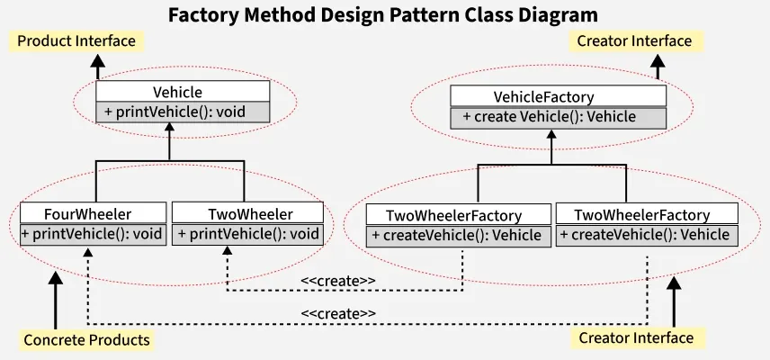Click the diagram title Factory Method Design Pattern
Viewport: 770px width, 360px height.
click(x=383, y=15)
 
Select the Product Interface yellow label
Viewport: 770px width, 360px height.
click(x=76, y=40)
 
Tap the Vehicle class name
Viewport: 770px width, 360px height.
click(x=178, y=92)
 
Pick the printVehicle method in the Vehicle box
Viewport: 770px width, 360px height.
click(x=175, y=112)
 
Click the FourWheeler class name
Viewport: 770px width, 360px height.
click(x=88, y=214)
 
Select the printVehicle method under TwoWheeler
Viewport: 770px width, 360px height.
click(x=248, y=234)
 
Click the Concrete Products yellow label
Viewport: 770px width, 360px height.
click(x=86, y=340)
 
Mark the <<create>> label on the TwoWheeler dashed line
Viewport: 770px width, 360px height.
click(x=338, y=281)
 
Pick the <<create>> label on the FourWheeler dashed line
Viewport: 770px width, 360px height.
click(x=338, y=313)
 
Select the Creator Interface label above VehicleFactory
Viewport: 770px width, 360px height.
click(x=634, y=40)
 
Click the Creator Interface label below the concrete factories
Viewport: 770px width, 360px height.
click(x=636, y=337)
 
